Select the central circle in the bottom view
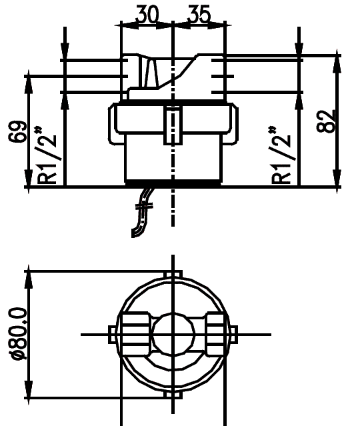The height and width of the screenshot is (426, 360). [173, 333]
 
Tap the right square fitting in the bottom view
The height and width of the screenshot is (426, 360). [217, 333]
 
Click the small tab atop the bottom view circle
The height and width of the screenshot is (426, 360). [173, 275]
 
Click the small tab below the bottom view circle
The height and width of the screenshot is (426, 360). [173, 393]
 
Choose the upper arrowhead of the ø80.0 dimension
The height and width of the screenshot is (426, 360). [29, 279]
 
